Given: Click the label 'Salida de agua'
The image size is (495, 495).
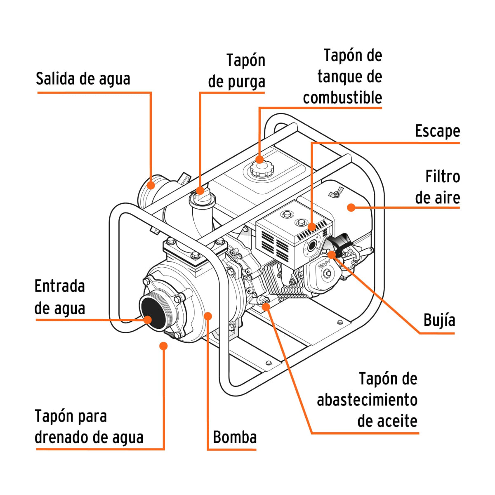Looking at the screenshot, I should coord(83,78).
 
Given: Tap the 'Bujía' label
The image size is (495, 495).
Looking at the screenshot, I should coord(439,320).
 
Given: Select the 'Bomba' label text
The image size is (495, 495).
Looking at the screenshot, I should coord(235,437).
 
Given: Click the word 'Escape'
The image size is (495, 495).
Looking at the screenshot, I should coord(437,131).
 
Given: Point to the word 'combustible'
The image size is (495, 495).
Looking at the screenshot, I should coord(342,98).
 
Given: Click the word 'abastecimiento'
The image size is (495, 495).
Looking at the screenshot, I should coord(367,400).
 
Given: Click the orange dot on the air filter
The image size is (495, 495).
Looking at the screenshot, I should coord(351,207).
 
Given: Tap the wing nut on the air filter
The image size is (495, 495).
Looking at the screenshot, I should coord(335,193).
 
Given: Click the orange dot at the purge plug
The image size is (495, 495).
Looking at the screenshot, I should coord(200,190).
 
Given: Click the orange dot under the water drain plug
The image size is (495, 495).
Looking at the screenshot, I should coord(164,346).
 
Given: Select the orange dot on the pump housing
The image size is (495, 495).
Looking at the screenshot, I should coord(208,316).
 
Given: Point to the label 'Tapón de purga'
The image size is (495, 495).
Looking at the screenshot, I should coord(237,71).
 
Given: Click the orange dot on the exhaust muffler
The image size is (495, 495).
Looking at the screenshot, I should coord(312,226).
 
